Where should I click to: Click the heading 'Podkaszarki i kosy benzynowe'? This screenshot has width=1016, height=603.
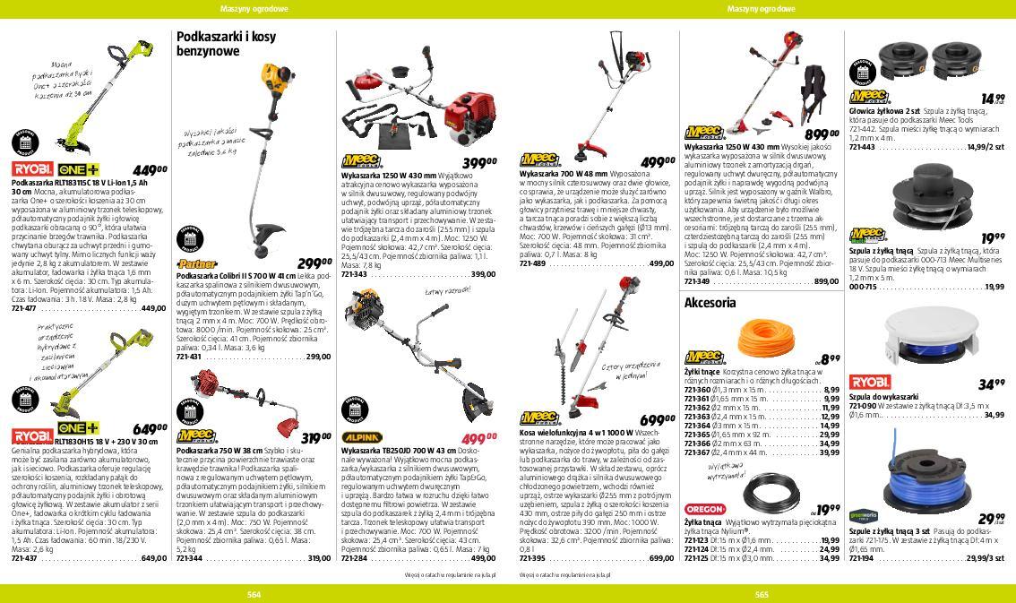[227, 44]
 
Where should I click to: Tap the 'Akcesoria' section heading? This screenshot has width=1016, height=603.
[710, 303]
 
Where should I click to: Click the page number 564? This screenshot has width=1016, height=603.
[254, 594]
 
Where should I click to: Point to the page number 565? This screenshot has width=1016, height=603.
[762, 594]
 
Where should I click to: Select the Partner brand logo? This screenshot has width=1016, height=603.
[197, 264]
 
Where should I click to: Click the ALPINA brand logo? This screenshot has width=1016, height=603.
[363, 438]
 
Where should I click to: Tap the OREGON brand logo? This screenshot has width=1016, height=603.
[705, 510]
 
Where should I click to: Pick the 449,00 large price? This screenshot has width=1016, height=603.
[150, 170]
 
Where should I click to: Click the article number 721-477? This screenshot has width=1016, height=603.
[24, 308]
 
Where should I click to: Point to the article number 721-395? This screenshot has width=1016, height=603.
[532, 558]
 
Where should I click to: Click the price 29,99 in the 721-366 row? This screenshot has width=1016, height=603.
[829, 435]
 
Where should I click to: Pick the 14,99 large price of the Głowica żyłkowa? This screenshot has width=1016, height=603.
[992, 99]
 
